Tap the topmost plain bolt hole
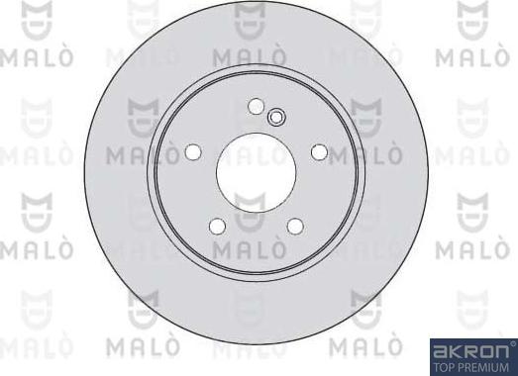pyautogui.click(x=256, y=107)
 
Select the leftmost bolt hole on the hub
pyautogui.click(x=193, y=151)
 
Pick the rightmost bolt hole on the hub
pyautogui.click(x=319, y=151)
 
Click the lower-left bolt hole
pyautogui.click(x=217, y=226)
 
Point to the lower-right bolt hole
pyautogui.click(x=294, y=226)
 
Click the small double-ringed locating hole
pyautogui.click(x=276, y=119)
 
